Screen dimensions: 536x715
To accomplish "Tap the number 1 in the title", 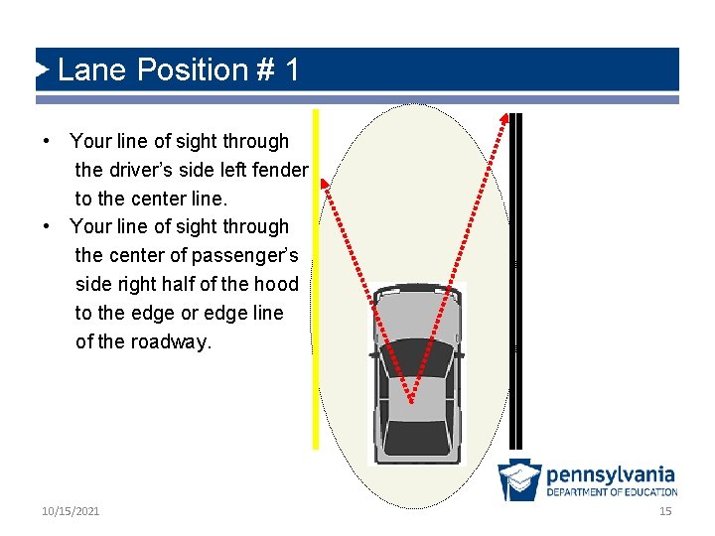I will (292, 70).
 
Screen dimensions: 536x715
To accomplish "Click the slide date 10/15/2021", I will (71, 511).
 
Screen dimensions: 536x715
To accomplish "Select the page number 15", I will (665, 511).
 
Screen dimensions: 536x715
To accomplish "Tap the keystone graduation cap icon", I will (519, 480).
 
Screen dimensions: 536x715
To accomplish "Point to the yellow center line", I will (316, 298).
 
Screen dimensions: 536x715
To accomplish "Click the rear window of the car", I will (415, 437).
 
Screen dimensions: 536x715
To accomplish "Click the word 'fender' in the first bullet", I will (278, 170).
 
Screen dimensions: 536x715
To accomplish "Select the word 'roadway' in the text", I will (174, 341).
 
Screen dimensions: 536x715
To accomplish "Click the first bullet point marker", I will (47, 141).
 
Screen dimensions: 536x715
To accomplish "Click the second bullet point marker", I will (47, 226).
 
